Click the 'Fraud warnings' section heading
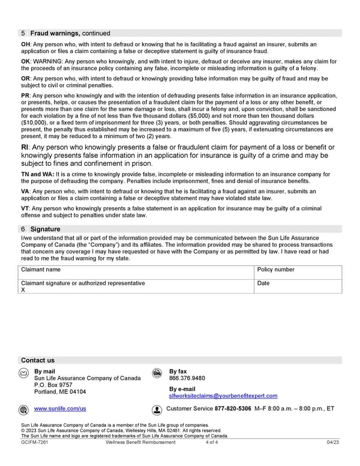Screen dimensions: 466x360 point(55,34)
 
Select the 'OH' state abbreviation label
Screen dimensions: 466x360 point(25,44)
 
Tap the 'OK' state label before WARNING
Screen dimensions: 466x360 point(25,61)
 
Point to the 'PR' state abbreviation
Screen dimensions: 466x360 point(25,95)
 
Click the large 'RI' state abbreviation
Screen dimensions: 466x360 point(26,148)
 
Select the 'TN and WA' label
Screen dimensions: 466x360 point(37,174)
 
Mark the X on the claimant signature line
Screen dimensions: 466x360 point(23,290)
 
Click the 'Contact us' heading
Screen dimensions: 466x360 point(38,360)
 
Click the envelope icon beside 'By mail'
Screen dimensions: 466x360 point(24,373)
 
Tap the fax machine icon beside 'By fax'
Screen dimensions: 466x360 point(157,373)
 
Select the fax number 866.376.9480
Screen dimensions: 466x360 point(187,379)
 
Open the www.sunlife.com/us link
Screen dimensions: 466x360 point(60,409)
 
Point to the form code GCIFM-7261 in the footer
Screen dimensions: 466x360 point(34,443)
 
